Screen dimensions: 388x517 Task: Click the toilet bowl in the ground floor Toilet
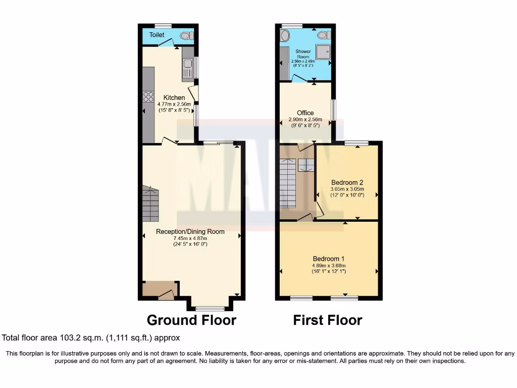click(186, 36)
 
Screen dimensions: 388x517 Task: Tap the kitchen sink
click(187, 65)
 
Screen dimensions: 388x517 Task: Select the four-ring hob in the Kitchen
click(148, 96)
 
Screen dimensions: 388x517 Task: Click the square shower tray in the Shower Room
click(323, 51)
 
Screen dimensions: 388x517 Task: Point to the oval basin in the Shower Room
click(286, 35)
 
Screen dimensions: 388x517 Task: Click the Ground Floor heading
click(191, 320)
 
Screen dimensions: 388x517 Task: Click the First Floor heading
click(328, 320)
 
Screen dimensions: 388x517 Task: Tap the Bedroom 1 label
click(328, 258)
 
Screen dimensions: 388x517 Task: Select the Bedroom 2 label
click(347, 182)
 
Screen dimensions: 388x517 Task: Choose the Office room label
click(305, 113)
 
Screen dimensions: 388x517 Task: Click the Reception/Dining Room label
click(190, 231)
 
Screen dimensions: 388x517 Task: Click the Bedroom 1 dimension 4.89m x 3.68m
click(328, 265)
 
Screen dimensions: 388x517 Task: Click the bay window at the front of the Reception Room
click(210, 308)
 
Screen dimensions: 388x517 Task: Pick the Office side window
click(333, 110)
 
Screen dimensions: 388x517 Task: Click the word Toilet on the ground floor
click(157, 35)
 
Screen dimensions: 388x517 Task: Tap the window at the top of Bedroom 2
click(356, 143)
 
